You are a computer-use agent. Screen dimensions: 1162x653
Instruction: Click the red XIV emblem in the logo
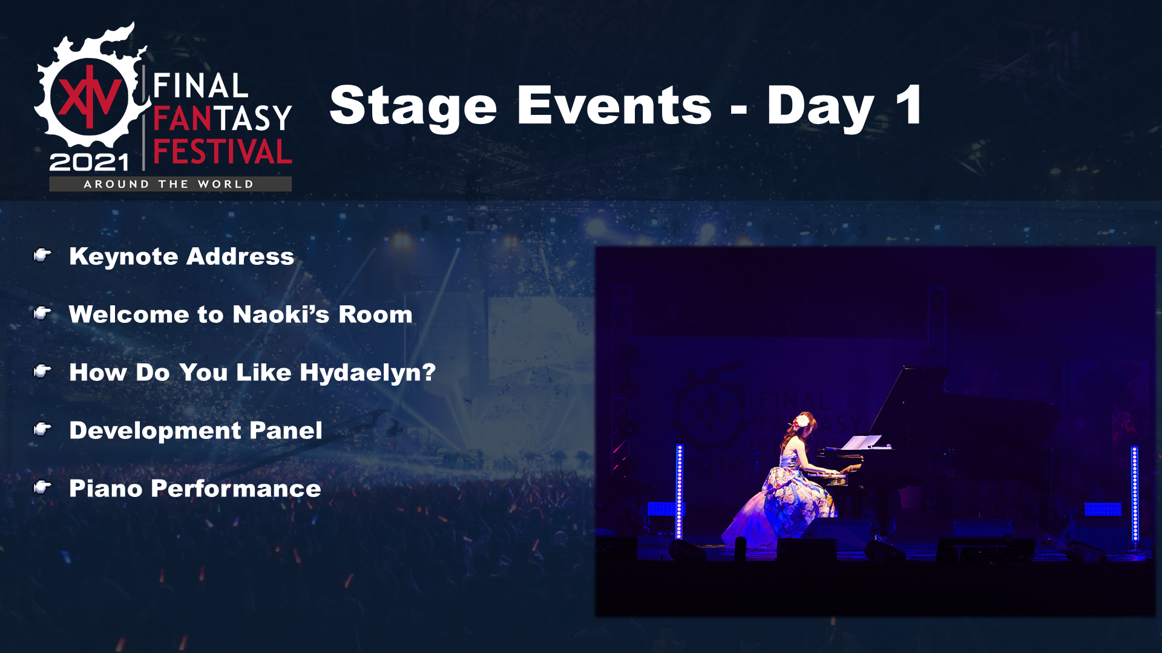tap(89, 97)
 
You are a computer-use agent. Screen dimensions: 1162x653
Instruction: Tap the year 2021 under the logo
tap(89, 162)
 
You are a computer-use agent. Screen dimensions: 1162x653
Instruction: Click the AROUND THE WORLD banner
tap(170, 184)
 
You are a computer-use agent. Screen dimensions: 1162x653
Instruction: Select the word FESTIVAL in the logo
tap(223, 152)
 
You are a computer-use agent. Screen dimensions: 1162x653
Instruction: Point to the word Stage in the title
tap(413, 107)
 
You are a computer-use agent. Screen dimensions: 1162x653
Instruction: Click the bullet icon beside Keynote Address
tap(42, 256)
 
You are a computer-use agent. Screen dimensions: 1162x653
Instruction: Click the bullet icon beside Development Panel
tap(42, 429)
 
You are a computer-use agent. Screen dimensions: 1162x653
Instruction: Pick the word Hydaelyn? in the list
tap(367, 373)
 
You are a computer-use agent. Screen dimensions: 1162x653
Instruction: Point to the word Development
tap(156, 431)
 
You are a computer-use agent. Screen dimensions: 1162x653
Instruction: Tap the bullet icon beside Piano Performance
tap(42, 487)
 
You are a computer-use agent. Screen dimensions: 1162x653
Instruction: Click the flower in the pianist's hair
tap(802, 420)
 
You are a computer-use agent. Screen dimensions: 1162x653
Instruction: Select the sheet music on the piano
tap(861, 443)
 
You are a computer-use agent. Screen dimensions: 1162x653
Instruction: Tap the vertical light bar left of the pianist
tap(680, 491)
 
